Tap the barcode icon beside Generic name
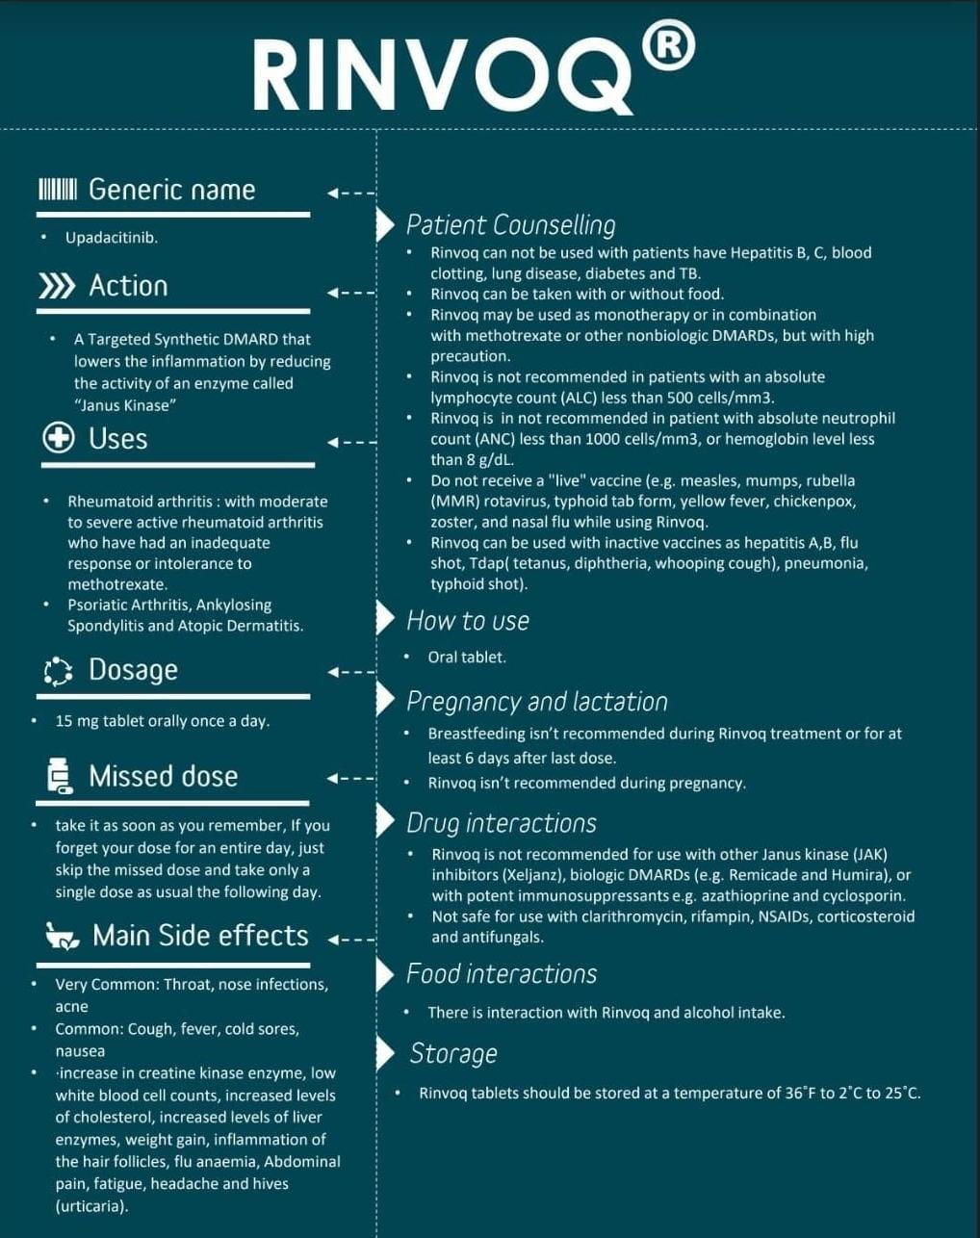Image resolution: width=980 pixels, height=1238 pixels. pos(57,189)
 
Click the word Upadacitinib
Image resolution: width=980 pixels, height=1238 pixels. pos(111,238)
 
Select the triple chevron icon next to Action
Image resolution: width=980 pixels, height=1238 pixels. pos(57,286)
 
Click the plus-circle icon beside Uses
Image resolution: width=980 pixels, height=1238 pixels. pos(59,438)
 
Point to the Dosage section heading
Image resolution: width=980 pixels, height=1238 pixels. pos(133,670)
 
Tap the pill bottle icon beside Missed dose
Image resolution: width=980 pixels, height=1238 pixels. pos(59,776)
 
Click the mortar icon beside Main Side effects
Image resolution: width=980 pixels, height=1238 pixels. pos(63,936)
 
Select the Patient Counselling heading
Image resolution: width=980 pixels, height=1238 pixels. pos(510,225)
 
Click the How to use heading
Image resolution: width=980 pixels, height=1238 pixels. pos(468,621)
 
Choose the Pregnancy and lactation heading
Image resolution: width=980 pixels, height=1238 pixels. pos(536,702)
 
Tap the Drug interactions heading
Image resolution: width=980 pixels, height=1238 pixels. pos(501,823)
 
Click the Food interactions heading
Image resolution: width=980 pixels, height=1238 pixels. pos(501,974)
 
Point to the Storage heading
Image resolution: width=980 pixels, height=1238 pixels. pos(453,1053)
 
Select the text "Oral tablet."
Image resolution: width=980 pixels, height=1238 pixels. pos(467,658)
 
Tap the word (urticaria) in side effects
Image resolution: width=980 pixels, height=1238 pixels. pos(91,1206)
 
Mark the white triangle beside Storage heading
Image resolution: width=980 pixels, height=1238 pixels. pos(385,1053)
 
